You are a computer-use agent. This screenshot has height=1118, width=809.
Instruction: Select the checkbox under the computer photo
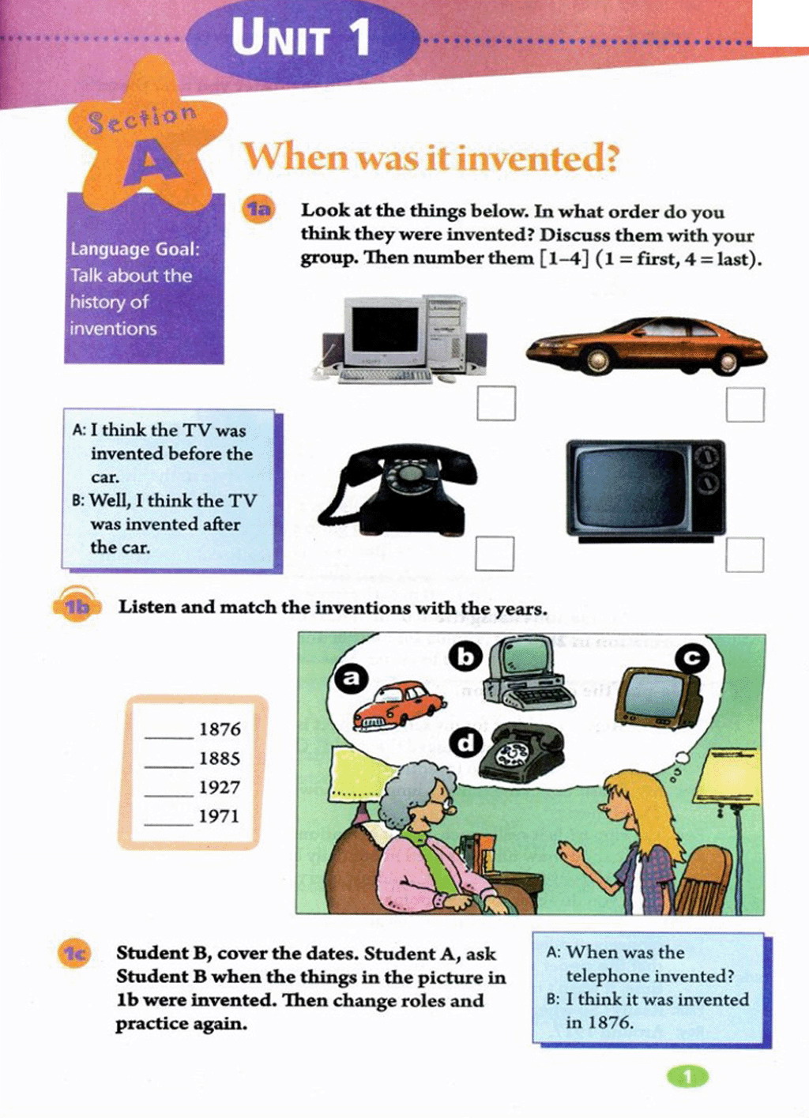click(496, 403)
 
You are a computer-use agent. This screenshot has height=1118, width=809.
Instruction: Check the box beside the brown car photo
click(745, 405)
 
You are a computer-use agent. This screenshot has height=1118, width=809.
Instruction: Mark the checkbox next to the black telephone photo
click(495, 553)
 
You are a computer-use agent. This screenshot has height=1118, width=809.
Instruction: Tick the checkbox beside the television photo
click(745, 555)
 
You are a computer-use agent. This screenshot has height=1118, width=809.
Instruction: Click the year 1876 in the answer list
click(220, 730)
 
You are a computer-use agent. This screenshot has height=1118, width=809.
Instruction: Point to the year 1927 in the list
click(220, 788)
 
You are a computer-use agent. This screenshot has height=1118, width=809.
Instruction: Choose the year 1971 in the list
click(220, 816)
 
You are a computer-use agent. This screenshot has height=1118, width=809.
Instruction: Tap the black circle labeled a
click(352, 678)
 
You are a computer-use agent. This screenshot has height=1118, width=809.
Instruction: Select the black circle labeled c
click(692, 659)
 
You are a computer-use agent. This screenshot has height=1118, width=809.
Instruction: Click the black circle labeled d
click(465, 743)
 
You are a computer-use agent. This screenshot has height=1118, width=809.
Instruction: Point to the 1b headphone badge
click(77, 605)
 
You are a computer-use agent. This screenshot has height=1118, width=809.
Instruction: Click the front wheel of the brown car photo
click(597, 359)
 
